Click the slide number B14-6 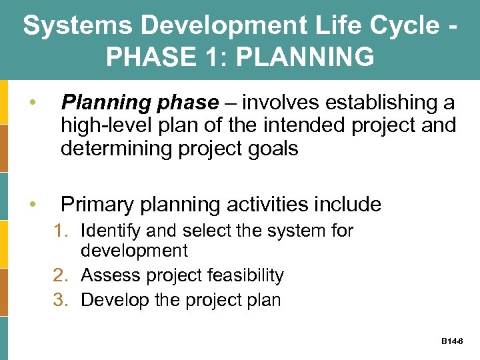tap(453, 341)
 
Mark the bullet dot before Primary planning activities tap(31, 204)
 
